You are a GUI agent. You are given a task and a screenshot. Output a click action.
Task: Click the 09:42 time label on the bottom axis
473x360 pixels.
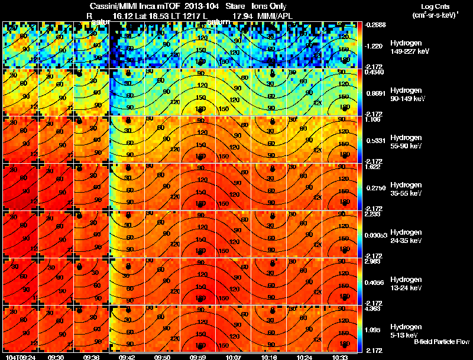point(127,357)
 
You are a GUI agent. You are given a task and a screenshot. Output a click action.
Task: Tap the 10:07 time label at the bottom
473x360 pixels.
point(234,357)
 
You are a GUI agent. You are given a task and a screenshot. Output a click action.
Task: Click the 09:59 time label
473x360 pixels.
point(199,357)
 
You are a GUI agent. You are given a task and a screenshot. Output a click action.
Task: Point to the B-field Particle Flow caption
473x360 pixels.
point(441,342)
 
